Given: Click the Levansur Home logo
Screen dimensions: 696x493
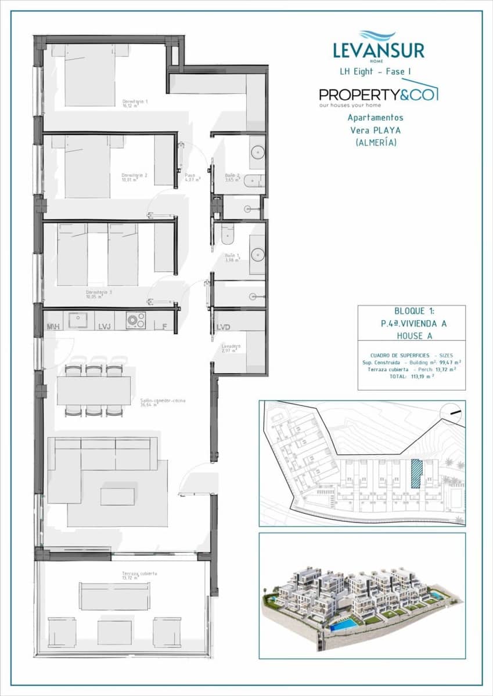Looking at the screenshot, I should click(x=378, y=46).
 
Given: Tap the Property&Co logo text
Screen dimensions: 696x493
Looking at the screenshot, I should click(x=378, y=94).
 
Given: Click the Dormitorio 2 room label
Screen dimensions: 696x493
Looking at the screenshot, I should click(x=134, y=176).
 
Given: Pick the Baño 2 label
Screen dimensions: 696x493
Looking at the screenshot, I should click(x=232, y=176).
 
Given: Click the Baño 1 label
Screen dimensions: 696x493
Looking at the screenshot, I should click(x=233, y=257).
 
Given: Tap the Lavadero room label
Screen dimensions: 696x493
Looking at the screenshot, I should click(x=231, y=348).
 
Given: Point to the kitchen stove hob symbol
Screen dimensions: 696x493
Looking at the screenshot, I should click(x=136, y=320).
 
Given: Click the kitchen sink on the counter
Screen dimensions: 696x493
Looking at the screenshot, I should click(x=78, y=320).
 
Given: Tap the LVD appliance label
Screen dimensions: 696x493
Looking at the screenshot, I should click(x=224, y=327).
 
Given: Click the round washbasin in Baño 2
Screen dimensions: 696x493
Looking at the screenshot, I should click(x=258, y=152).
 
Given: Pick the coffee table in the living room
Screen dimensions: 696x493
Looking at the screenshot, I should click(x=117, y=496).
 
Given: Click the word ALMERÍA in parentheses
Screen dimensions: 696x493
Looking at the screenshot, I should click(x=376, y=142).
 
